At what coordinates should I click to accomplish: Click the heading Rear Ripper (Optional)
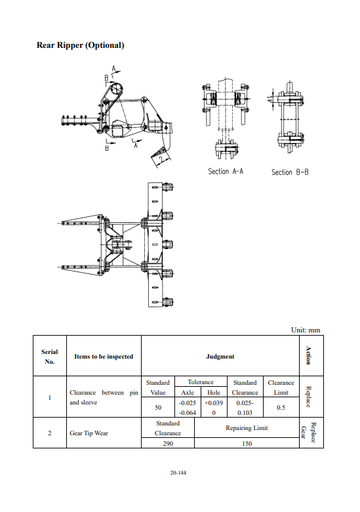pos(81,45)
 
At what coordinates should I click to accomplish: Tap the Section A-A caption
pos(226,171)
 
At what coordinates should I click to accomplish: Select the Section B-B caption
pos(290,172)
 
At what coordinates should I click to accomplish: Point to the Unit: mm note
pos(306,330)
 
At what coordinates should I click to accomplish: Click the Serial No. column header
pos(50,357)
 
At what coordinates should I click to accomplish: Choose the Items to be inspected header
pos(104,357)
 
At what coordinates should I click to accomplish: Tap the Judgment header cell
pos(220,357)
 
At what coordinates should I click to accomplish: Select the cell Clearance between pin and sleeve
pos(104,397)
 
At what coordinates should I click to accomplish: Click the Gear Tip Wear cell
pos(89,433)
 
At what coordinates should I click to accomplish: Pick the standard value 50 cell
pos(158,408)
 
